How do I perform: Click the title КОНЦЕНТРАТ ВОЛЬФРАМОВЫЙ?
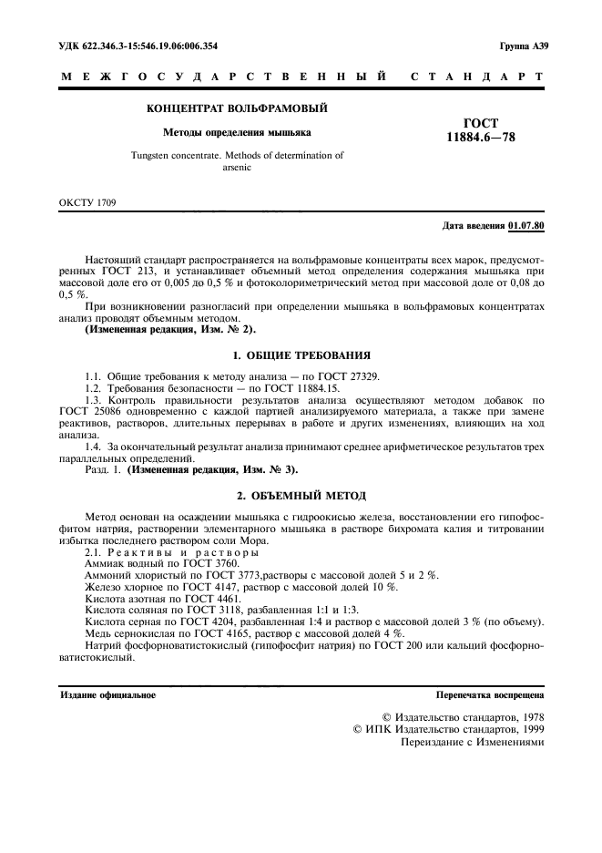pyautogui.click(x=237, y=109)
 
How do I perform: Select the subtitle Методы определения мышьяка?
pyautogui.click(x=236, y=132)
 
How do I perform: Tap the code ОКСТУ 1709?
pyautogui.click(x=87, y=202)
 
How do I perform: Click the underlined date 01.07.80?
pyautogui.click(x=527, y=224)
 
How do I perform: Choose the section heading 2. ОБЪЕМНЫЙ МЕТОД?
pyautogui.click(x=301, y=495)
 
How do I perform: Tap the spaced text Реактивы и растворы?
pyautogui.click(x=183, y=554)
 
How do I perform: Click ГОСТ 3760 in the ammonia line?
pyautogui.click(x=212, y=565)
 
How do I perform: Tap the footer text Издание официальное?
pyautogui.click(x=107, y=695)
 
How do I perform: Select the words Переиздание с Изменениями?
pyautogui.click(x=472, y=742)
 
